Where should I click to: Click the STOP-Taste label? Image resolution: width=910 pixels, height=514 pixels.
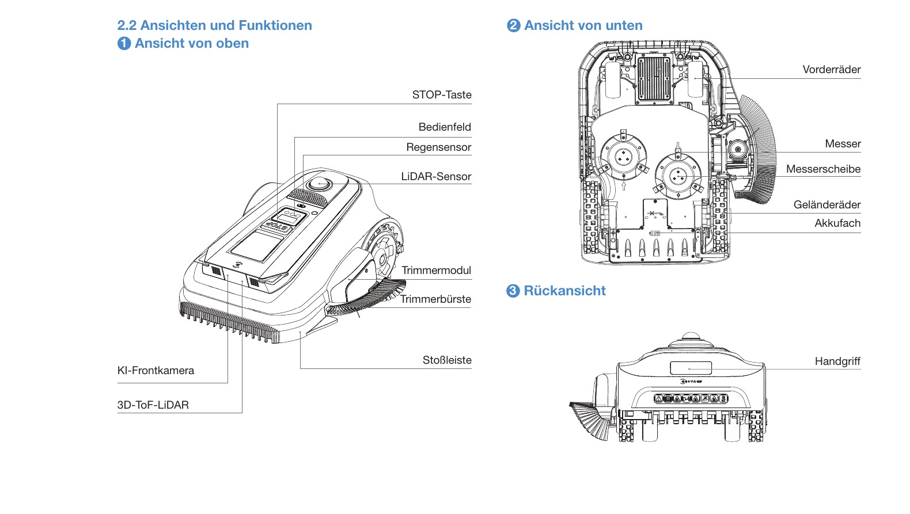[x=442, y=94]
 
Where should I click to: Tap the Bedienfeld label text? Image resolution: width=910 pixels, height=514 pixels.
[x=445, y=127]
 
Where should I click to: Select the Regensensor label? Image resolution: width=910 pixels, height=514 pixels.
[x=439, y=147]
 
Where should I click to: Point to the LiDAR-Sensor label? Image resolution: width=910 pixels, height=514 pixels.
[x=436, y=176]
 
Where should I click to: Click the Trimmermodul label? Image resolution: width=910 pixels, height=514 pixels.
[x=437, y=271]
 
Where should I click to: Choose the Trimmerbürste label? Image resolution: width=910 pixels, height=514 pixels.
[x=435, y=299]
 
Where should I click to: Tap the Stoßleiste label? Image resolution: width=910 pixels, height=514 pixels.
[x=447, y=360]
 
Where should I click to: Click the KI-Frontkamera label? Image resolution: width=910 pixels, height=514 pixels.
[x=156, y=370]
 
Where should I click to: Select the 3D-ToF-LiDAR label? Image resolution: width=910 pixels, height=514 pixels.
[x=153, y=405]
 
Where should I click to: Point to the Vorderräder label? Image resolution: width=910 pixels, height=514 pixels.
[x=832, y=70]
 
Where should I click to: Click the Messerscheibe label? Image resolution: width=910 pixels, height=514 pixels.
[x=823, y=169]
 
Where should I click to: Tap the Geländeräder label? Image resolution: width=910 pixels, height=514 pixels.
[x=827, y=205]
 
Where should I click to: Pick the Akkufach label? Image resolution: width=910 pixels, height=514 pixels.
[x=837, y=223]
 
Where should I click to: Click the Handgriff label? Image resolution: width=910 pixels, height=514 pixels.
[x=837, y=361]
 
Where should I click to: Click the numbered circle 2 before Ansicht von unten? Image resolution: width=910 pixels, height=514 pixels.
[x=514, y=25]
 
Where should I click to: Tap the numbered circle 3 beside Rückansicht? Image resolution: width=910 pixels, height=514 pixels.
[x=513, y=291]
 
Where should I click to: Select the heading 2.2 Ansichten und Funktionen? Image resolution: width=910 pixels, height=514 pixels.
[x=214, y=25]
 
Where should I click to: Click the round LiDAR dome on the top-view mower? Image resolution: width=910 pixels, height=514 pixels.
[x=319, y=184]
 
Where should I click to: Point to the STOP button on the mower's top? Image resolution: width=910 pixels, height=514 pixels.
[x=277, y=226]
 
